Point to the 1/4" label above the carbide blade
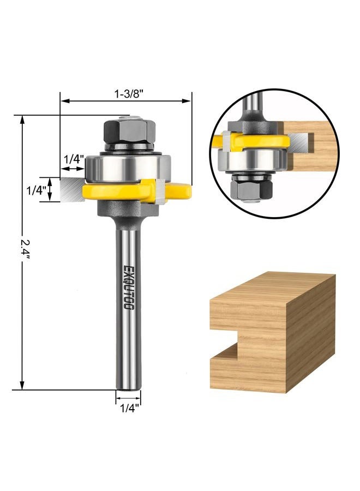tap(74, 160)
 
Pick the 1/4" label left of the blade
tap(37, 190)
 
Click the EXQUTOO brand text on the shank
tap(128, 288)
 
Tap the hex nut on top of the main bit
tap(130, 131)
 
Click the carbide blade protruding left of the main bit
tap(71, 190)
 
